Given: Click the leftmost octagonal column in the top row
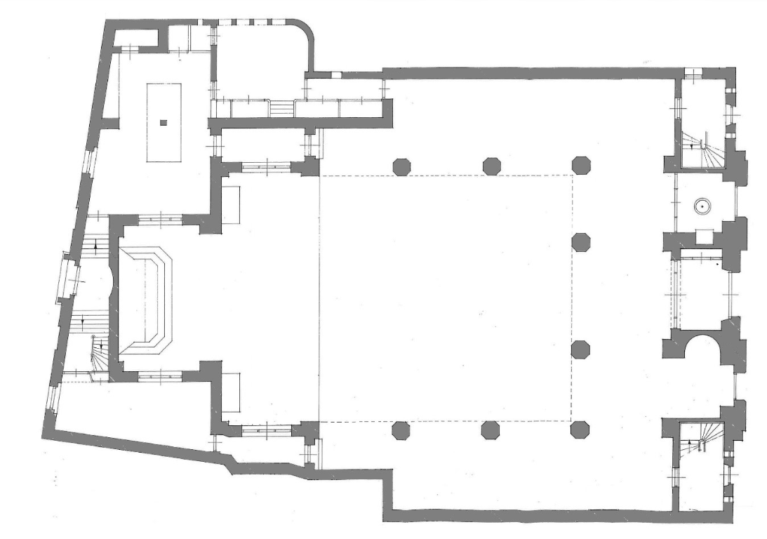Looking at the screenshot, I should point(401,166).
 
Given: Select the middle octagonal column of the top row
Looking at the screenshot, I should point(491,166).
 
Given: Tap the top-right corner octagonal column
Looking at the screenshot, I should point(581,166).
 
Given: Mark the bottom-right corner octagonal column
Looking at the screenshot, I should point(580,430).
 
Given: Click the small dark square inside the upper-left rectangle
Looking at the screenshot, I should point(164,123).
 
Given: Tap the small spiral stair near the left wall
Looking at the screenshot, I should point(98,354).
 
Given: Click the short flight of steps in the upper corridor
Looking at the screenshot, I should point(282,109).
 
